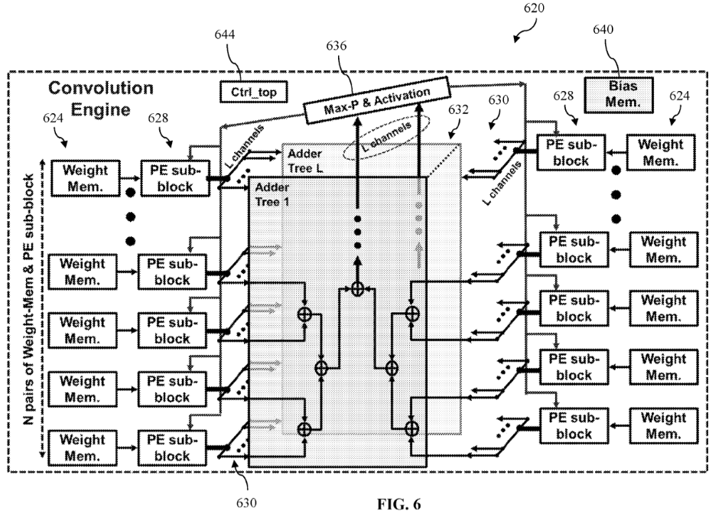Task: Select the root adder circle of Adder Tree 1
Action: [356, 289]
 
